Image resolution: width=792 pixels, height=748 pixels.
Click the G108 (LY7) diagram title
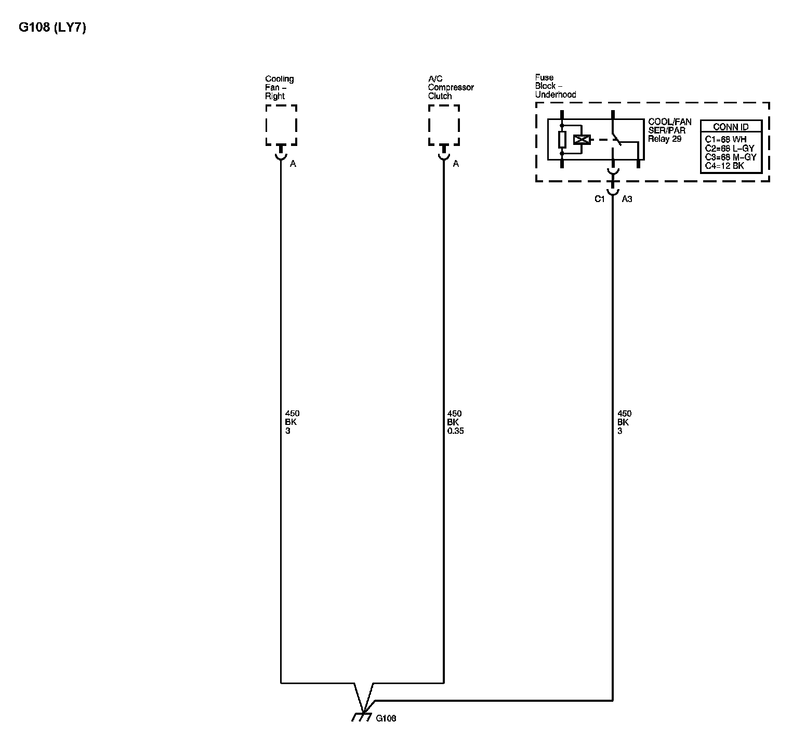pyautogui.click(x=52, y=28)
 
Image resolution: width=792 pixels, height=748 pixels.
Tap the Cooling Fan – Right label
pyautogui.click(x=279, y=87)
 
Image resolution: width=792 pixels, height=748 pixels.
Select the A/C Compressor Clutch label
pyautogui.click(x=450, y=87)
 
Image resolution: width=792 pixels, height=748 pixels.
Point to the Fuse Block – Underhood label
pyautogui.click(x=555, y=86)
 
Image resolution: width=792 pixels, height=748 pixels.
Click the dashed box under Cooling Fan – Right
pyautogui.click(x=281, y=125)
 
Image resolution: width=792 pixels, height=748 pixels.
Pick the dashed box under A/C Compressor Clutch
pyautogui.click(x=444, y=125)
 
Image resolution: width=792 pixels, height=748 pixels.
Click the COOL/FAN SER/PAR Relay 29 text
pyautogui.click(x=669, y=131)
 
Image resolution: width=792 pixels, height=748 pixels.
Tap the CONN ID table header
pyautogui.click(x=731, y=127)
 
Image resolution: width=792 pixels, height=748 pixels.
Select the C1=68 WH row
pyautogui.click(x=725, y=140)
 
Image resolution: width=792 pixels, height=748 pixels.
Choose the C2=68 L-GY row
pyautogui.click(x=729, y=149)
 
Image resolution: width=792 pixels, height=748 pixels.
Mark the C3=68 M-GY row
pyautogui.click(x=730, y=157)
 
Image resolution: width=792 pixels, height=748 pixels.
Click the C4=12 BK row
pyautogui.click(x=724, y=166)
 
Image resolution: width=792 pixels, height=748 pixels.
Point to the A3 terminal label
pyautogui.click(x=627, y=199)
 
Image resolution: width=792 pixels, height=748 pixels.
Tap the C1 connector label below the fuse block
pyautogui.click(x=600, y=199)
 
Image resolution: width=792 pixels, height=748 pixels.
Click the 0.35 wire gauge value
pyautogui.click(x=455, y=431)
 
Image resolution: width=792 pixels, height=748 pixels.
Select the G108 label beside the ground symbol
pyautogui.click(x=386, y=718)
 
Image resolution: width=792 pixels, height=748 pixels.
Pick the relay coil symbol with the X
pyautogui.click(x=582, y=139)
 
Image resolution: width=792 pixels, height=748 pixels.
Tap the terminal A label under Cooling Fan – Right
pyautogui.click(x=293, y=164)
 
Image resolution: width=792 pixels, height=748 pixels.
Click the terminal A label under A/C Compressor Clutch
pyautogui.click(x=456, y=164)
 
